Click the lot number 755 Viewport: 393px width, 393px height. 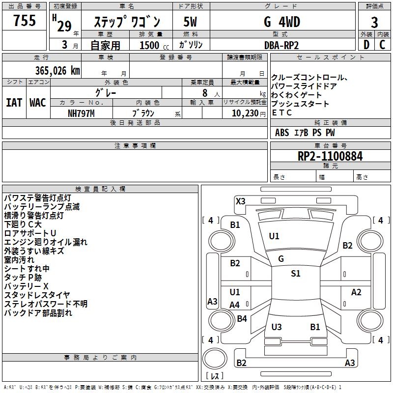[25, 21]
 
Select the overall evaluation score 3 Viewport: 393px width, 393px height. [374, 22]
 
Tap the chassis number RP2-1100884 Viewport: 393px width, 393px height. [330, 156]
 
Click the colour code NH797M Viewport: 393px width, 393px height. [81, 113]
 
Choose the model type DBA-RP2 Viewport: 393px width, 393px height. [281, 45]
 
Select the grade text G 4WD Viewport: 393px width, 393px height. [282, 22]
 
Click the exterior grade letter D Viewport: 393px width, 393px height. [366, 45]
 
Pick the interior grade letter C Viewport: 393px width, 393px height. [383, 45]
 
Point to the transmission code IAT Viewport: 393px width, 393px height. [14, 102]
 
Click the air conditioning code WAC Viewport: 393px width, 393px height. [37, 102]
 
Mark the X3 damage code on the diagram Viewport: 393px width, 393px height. [240, 201]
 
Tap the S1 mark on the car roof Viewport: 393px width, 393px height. [295, 274]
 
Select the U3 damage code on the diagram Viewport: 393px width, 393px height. [277, 327]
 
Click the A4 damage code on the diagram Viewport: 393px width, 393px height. [235, 305]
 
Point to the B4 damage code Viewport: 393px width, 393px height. [242, 318]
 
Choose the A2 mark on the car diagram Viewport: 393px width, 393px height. [356, 292]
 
